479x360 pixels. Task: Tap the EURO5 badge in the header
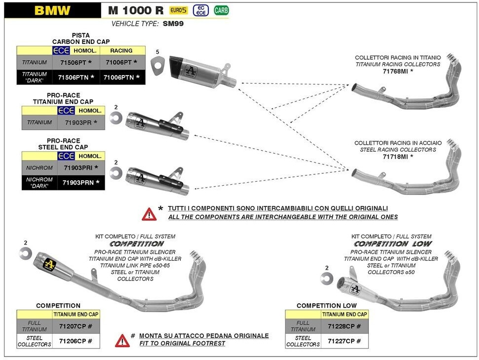tap(178, 10)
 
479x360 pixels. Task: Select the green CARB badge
tap(221, 10)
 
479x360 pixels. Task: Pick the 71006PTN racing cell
tap(121, 78)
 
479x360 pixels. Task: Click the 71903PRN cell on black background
tap(80, 183)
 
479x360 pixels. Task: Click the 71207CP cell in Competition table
tap(75, 326)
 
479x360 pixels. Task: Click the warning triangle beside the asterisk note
tap(149, 213)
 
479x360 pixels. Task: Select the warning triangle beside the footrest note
tap(122, 340)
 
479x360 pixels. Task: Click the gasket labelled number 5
tap(158, 65)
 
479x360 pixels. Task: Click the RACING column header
tap(121, 50)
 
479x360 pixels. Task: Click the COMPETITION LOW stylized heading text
tap(393, 244)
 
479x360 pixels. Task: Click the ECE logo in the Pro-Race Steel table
tap(66, 156)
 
